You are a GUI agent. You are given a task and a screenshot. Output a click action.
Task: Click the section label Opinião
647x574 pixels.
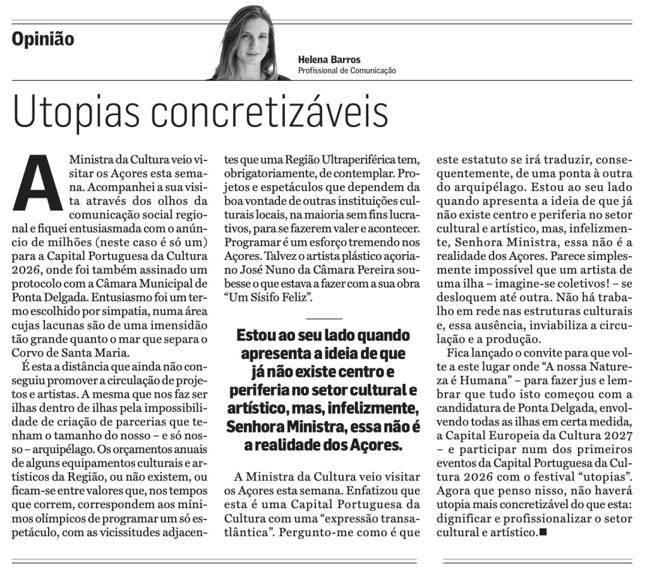click(43, 39)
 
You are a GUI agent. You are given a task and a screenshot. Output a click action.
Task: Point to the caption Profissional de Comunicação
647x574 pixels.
click(347, 71)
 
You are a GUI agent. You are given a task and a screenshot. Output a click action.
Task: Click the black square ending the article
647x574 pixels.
click(543, 533)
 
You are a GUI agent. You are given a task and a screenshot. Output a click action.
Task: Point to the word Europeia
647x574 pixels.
click(510, 435)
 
